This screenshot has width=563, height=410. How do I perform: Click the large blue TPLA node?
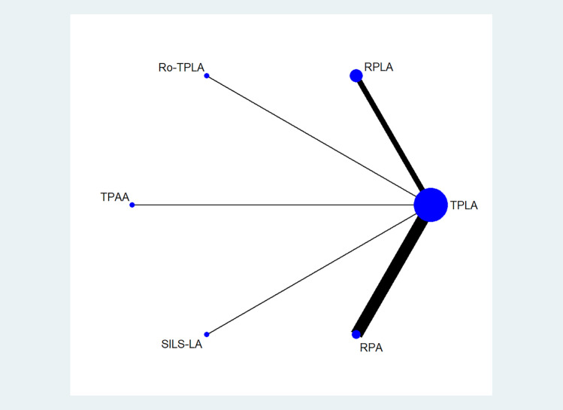431,205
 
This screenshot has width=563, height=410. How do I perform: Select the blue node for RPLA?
356,75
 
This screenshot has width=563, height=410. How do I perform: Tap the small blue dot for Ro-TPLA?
207,76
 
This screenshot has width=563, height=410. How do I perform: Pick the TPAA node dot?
132,205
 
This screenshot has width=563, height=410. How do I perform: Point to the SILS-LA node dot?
207,334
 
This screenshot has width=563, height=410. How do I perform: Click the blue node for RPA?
356,334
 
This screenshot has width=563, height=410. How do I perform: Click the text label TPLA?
464,205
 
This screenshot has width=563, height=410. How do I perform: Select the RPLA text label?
378,68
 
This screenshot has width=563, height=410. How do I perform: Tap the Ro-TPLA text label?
180,68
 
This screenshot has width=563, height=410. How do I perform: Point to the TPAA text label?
115,197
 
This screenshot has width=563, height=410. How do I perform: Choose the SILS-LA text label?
180,345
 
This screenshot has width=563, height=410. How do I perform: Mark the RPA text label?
371,347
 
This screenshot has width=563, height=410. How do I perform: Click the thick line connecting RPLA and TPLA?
391,135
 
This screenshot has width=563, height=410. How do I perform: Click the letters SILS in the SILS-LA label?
171,345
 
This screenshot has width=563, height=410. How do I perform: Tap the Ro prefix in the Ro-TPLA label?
165,68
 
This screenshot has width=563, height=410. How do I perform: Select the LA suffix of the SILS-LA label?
195,345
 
